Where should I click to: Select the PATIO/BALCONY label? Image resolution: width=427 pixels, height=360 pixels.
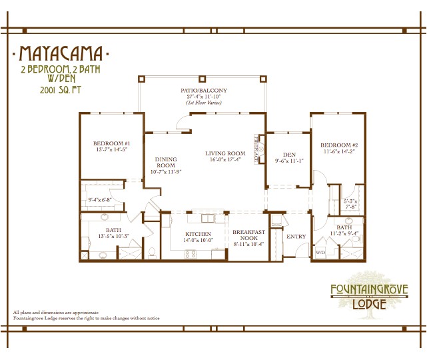203,90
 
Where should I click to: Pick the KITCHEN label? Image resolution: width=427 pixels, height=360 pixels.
198,234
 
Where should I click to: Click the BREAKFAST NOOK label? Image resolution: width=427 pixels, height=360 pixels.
248,235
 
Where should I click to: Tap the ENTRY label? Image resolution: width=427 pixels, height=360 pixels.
295,236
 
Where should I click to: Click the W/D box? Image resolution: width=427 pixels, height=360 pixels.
320,253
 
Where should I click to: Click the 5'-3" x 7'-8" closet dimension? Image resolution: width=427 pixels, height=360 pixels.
350,203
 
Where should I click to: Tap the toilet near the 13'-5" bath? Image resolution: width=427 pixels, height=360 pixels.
152,251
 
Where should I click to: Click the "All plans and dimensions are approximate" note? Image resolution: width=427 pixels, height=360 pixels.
55,312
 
